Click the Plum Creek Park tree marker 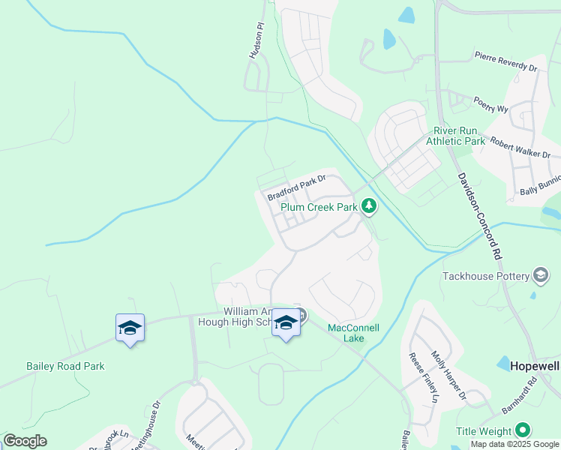coord(368,205)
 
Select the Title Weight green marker coord(523,430)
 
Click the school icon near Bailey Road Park coord(130,328)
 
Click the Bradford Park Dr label coord(296,187)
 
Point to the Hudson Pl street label coord(257,40)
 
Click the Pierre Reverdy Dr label coord(506,61)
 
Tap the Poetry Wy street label coord(490,104)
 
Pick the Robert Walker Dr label coord(520,146)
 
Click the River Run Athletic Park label coord(455,136)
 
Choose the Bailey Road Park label coord(65,366)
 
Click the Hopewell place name coord(535,366)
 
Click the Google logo coord(25,441)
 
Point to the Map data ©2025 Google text coord(514,444)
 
